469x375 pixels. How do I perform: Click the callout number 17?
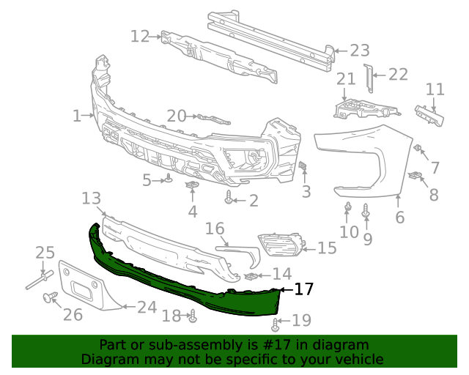pyautogui.click(x=304, y=289)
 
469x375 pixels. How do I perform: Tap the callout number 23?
pyautogui.click(x=360, y=51)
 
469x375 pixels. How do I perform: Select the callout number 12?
pyautogui.click(x=140, y=36)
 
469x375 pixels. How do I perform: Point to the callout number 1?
pyautogui.click(x=77, y=115)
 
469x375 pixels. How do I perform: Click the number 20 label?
pyautogui.click(x=177, y=115)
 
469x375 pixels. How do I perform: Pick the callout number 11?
pyautogui.click(x=435, y=89)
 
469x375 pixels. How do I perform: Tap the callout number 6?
pyautogui.click(x=399, y=218)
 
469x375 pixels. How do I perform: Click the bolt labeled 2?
pyautogui.click(x=230, y=198)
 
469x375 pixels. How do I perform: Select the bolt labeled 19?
pyautogui.click(x=276, y=324)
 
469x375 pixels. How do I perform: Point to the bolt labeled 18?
pyautogui.click(x=193, y=316)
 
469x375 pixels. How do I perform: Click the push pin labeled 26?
pyautogui.click(x=51, y=297)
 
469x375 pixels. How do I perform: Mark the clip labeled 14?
pyautogui.click(x=250, y=276)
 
